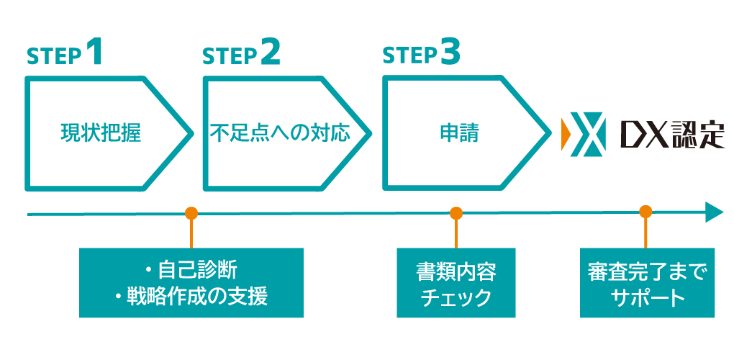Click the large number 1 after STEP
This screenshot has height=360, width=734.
pos(94,53)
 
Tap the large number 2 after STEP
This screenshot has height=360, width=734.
pos(270,53)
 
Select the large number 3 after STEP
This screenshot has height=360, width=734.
pos(450,53)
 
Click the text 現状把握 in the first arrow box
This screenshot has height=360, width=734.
pos(100,134)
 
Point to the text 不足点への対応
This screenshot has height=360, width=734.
pos(280,134)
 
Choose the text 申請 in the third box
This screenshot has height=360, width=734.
pos(459,134)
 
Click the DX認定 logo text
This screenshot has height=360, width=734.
pos(672,134)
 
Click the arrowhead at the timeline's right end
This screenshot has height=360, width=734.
pos(714,212)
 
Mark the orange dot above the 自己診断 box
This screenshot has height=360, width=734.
pos(191,213)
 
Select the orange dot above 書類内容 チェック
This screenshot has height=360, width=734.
pos(456,213)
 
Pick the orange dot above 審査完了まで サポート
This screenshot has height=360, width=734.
pos(645,212)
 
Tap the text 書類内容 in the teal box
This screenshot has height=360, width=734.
pos(456,271)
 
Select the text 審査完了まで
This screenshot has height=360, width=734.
pos(647,271)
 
